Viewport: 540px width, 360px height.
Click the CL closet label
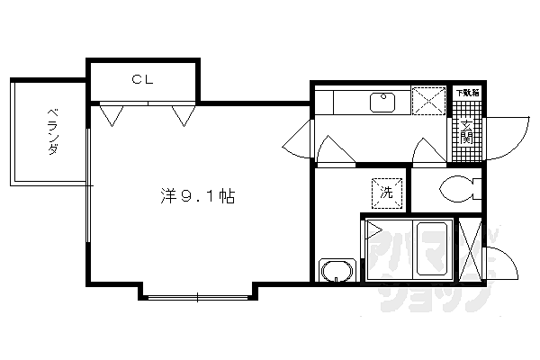tap(142, 79)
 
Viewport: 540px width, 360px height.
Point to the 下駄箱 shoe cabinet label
tap(466, 93)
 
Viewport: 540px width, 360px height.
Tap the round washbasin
tap(337, 271)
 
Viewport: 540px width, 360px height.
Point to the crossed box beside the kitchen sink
tap(429, 101)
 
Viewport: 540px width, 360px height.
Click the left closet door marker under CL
tap(112, 114)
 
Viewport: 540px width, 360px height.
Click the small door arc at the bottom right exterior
tap(500, 264)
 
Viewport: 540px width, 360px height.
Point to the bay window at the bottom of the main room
tap(199, 293)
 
